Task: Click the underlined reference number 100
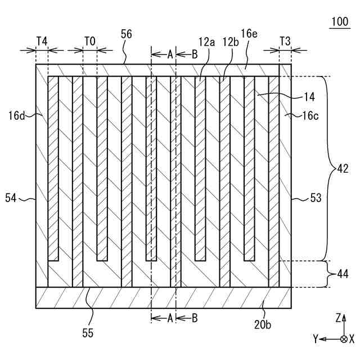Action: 340,22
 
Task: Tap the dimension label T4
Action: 42,41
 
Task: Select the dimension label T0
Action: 89,41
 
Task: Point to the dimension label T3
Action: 285,41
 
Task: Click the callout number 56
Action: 127,34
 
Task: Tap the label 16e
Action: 251,34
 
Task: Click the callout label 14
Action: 309,97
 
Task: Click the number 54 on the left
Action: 12,197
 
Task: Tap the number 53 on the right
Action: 317,197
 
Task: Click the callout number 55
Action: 87,333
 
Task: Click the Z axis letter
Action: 338,318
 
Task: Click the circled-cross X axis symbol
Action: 344,339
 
